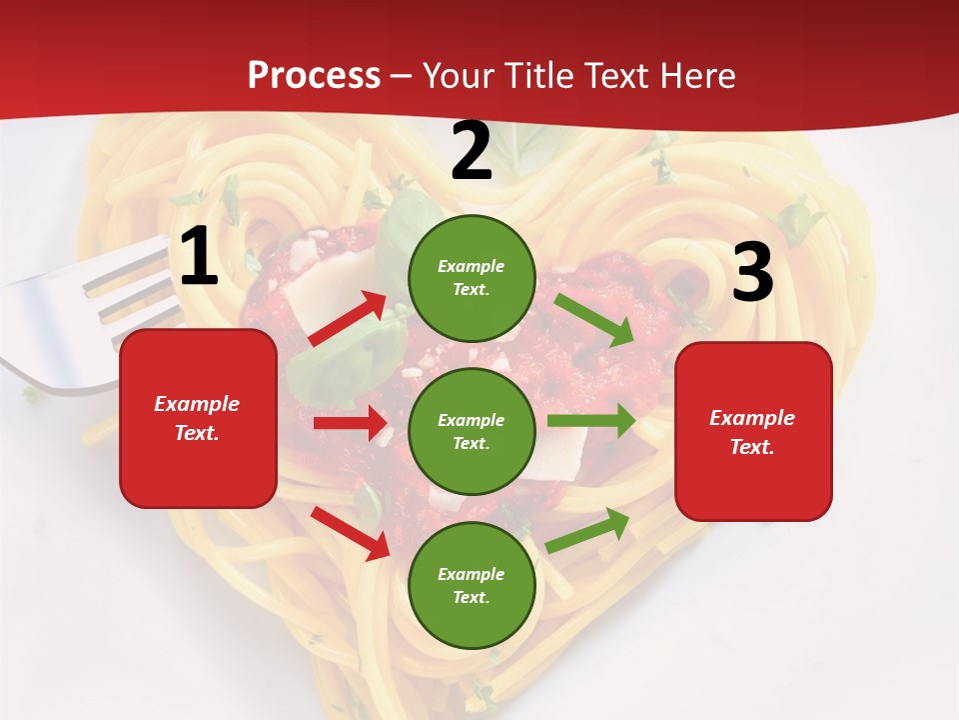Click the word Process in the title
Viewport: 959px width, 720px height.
(x=314, y=75)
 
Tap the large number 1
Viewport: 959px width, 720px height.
(x=199, y=257)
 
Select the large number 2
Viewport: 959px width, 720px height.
(x=472, y=152)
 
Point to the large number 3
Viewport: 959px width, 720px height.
(x=752, y=273)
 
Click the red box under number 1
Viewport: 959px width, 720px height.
(x=198, y=418)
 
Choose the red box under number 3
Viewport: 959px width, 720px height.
(x=753, y=431)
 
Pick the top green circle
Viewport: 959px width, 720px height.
(x=472, y=278)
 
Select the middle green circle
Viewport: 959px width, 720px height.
(x=472, y=431)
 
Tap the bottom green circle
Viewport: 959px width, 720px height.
(x=472, y=585)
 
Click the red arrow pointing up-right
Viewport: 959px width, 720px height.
(x=347, y=319)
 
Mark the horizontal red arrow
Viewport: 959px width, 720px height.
(x=350, y=423)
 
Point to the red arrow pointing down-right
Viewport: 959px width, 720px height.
(x=350, y=533)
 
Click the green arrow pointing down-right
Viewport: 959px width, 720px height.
(x=593, y=321)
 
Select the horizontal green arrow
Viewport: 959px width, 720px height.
(x=591, y=421)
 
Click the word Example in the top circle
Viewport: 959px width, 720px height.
(x=472, y=267)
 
